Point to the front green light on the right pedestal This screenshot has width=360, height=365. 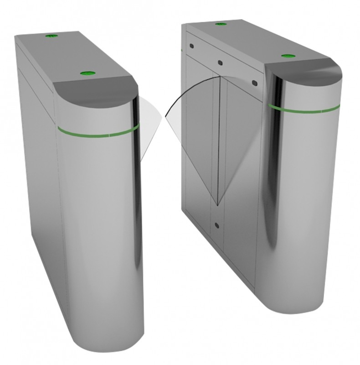286,56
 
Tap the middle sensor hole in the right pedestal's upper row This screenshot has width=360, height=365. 220,63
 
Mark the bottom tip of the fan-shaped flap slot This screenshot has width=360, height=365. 218,204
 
